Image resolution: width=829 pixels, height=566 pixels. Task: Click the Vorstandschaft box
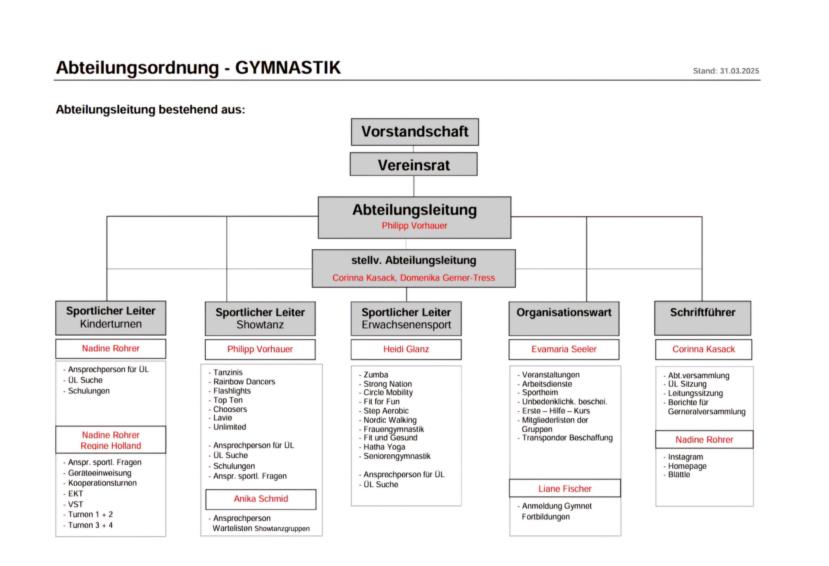coord(414,132)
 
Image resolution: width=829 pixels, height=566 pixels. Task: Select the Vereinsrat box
coord(414,164)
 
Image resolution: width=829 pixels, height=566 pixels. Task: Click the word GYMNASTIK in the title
coord(288,67)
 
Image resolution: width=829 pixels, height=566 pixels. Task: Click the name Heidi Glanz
coord(406,349)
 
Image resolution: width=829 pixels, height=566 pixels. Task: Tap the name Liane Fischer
coord(565,489)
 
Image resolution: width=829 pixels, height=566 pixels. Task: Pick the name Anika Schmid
coord(261,499)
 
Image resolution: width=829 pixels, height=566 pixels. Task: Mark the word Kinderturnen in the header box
coord(110,324)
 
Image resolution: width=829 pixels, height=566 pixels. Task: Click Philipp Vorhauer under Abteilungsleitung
coord(414,226)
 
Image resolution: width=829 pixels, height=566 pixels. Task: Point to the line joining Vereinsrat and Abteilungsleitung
coord(414,186)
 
